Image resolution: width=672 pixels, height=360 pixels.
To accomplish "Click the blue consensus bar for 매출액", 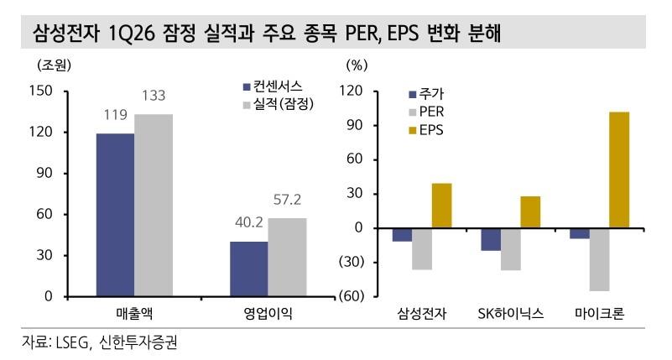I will (115, 214).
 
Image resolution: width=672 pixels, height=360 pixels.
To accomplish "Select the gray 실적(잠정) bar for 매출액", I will (154, 205).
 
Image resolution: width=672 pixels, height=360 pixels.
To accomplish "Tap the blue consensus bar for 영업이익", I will (248, 269).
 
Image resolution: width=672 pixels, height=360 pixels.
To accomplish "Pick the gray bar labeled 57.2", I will (287, 257).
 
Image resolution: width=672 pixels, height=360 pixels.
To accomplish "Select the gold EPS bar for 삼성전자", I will (442, 206).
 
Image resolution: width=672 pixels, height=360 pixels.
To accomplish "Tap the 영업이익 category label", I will (268, 315).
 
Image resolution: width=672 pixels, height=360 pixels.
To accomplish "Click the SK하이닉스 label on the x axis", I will (510, 315).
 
